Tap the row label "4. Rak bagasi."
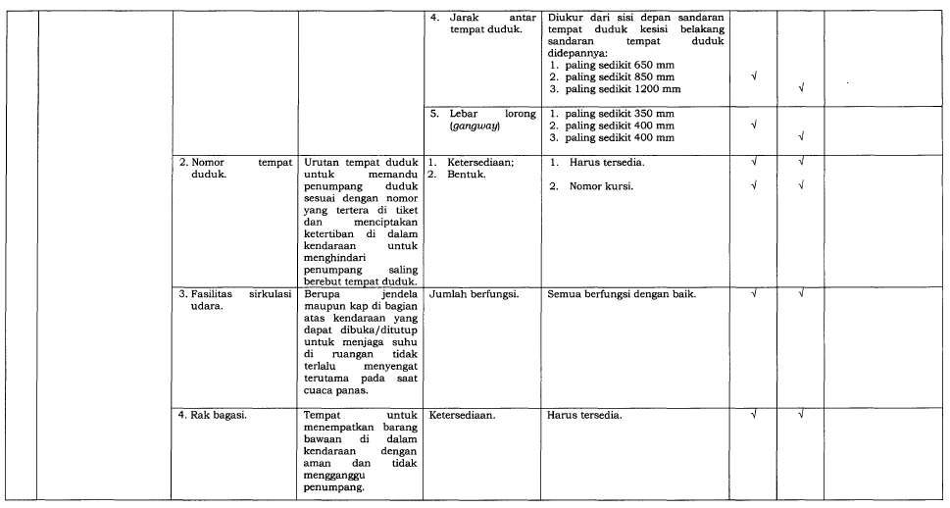(x=212, y=415)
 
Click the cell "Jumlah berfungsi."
(x=474, y=293)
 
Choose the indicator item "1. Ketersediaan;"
(x=467, y=162)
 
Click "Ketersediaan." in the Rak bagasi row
(x=462, y=415)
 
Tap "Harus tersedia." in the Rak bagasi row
(x=584, y=415)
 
